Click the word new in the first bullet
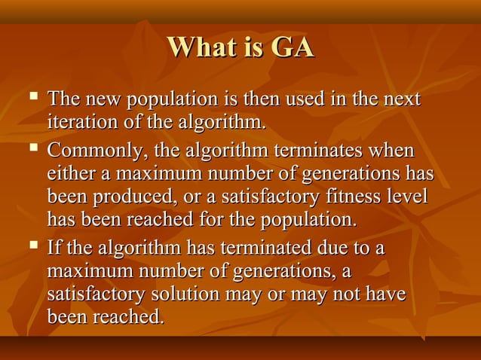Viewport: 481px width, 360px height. (x=101, y=100)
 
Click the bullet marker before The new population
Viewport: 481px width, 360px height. (x=31, y=98)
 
